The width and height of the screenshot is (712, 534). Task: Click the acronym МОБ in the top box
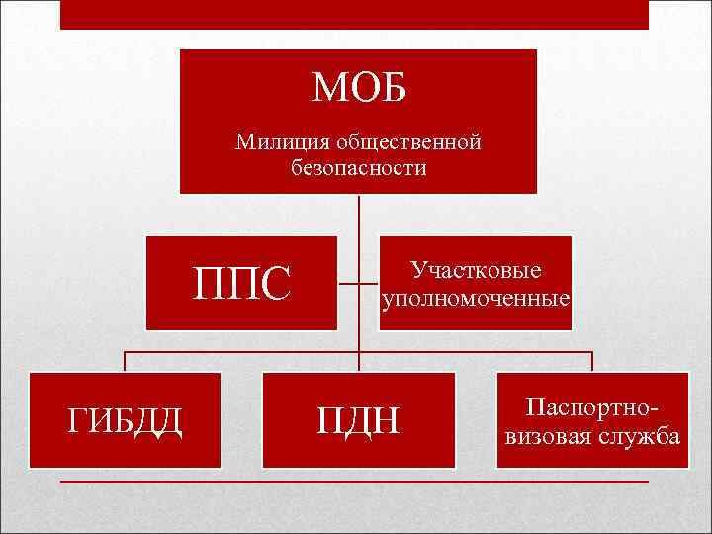[358, 88]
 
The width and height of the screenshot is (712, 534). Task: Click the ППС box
[241, 283]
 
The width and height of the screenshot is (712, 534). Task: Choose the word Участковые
[476, 270]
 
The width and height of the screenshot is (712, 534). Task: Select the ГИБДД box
[125, 420]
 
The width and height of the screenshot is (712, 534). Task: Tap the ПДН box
[358, 420]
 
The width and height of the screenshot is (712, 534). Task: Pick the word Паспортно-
[591, 407]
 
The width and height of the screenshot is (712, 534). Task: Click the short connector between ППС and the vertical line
[348, 283]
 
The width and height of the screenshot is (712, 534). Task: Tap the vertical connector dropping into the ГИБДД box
[125, 361]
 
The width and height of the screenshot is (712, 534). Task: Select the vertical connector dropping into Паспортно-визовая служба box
[591, 361]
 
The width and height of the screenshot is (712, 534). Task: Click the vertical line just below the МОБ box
[358, 214]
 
